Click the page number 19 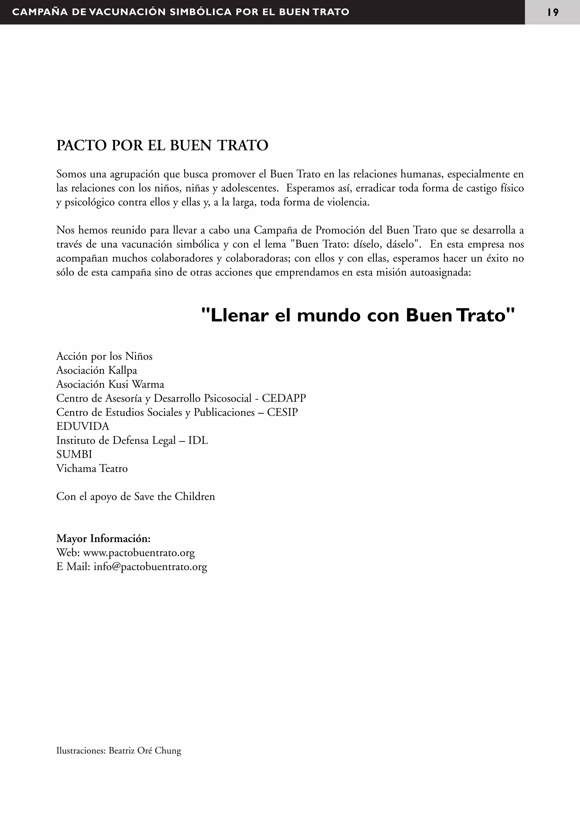(553, 12)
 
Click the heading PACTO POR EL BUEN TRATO (162, 145)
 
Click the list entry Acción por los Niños (104, 357)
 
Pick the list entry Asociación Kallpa (97, 370)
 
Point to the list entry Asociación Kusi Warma (110, 384)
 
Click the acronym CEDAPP (284, 398)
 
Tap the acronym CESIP (282, 413)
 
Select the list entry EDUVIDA (82, 426)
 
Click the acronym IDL (198, 440)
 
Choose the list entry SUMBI (74, 454)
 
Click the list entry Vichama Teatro (92, 468)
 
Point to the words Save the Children (174, 496)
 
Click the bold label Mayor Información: (103, 538)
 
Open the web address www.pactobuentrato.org (139, 553)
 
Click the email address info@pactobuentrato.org (150, 567)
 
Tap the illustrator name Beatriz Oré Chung (145, 751)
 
